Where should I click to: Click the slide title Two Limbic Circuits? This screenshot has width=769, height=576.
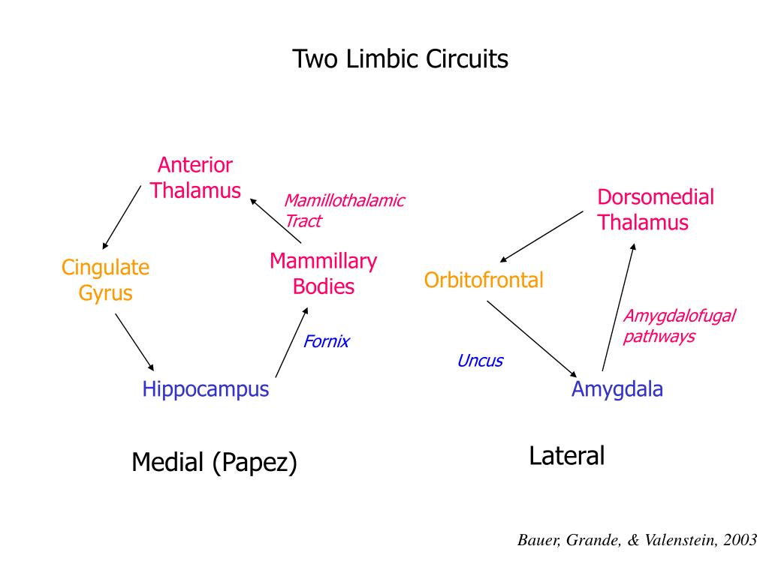(x=400, y=59)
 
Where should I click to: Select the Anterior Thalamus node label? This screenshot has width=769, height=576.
(x=195, y=178)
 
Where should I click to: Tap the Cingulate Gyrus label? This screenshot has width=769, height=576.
(x=106, y=280)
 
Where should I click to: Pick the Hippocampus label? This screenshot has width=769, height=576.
(x=206, y=389)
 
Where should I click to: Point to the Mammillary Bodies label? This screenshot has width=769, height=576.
(x=324, y=274)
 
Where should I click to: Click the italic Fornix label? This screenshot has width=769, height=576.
(x=327, y=342)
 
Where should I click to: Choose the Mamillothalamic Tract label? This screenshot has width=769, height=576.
(x=344, y=211)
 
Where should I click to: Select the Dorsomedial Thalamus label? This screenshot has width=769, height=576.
(x=656, y=210)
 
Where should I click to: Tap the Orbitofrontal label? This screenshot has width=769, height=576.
(x=484, y=280)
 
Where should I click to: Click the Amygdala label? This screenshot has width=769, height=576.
(x=617, y=389)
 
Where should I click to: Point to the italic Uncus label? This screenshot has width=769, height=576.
(x=480, y=361)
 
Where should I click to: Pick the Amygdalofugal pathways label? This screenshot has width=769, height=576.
(x=679, y=326)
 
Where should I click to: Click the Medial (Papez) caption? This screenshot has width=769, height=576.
(x=215, y=463)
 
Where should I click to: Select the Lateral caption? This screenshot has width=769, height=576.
(x=567, y=455)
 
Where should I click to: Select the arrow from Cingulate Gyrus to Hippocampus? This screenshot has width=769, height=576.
(x=134, y=342)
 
